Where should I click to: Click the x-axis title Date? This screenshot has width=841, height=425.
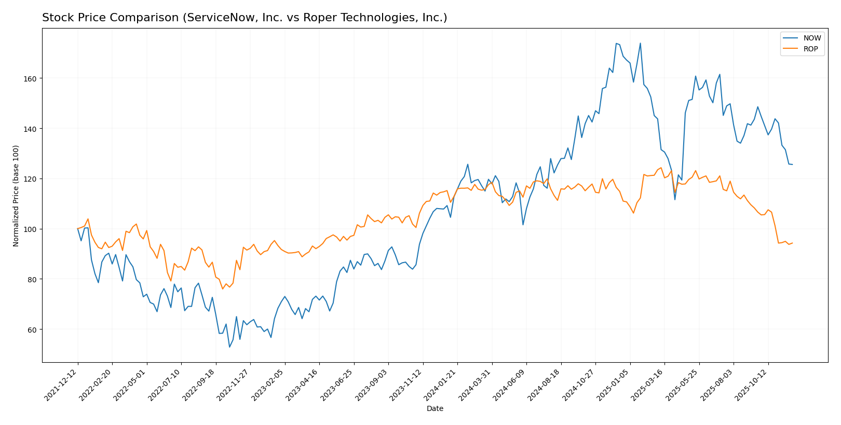pyautogui.click(x=435, y=409)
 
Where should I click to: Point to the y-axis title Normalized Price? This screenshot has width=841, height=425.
pyautogui.click(x=16, y=196)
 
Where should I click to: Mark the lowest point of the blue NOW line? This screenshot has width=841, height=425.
pyautogui.click(x=229, y=347)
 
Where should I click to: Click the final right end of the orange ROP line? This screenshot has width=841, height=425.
pyautogui.click(x=792, y=243)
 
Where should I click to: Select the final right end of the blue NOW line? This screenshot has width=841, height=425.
pyautogui.click(x=792, y=164)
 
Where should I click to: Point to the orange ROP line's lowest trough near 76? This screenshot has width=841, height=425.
pyautogui.click(x=223, y=289)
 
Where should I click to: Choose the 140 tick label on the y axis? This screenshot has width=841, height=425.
pyautogui.click(x=32, y=129)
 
